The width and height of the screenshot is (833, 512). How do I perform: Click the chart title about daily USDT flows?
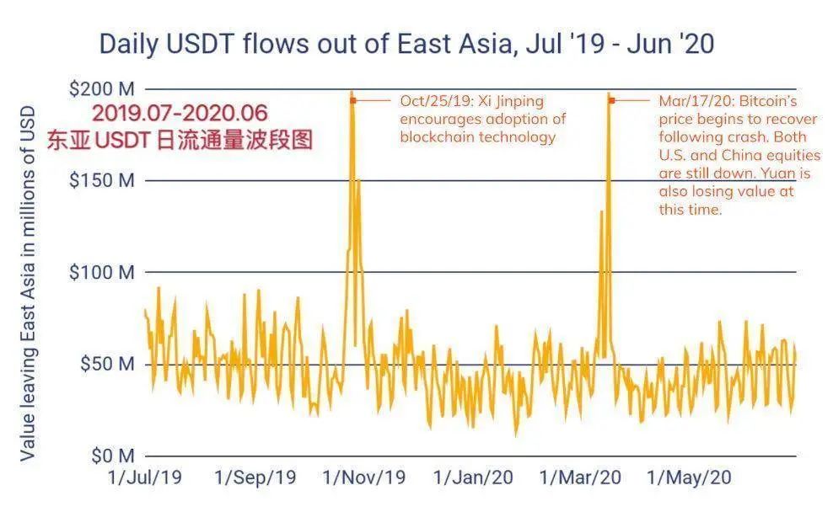click(406, 44)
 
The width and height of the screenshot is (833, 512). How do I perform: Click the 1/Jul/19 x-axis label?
click(145, 477)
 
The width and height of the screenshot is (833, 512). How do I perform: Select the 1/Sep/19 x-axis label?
click(255, 477)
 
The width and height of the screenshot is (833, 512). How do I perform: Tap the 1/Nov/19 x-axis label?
click(363, 477)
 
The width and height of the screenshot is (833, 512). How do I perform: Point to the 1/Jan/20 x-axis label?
click(472, 477)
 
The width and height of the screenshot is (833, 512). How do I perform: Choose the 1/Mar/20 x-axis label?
click(580, 477)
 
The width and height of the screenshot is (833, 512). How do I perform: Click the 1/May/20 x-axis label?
click(689, 477)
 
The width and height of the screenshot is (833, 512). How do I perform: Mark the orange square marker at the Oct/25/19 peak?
click(353, 100)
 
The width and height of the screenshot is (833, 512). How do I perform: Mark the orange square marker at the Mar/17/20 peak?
click(611, 100)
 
